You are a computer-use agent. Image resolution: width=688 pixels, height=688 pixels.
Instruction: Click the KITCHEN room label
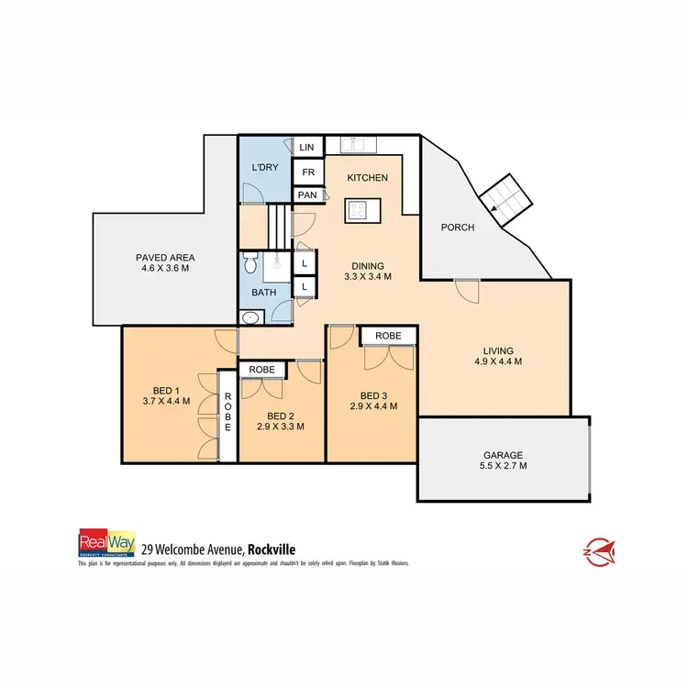click(367, 177)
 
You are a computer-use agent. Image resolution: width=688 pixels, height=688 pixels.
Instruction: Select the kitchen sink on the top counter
click(353, 144)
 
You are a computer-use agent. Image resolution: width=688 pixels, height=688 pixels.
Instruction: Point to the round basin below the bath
click(250, 317)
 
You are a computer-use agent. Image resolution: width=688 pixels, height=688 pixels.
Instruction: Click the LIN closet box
click(305, 147)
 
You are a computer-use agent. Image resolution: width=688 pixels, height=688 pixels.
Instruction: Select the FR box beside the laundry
click(305, 172)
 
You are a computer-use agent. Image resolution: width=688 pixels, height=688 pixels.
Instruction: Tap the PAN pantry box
click(305, 194)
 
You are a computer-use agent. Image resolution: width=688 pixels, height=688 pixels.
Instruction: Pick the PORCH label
click(457, 227)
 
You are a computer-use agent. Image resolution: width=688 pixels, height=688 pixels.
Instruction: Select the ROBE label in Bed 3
click(388, 337)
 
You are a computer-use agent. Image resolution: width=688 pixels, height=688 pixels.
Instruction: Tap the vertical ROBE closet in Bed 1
click(227, 415)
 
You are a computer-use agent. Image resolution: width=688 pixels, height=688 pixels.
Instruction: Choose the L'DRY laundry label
click(264, 168)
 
